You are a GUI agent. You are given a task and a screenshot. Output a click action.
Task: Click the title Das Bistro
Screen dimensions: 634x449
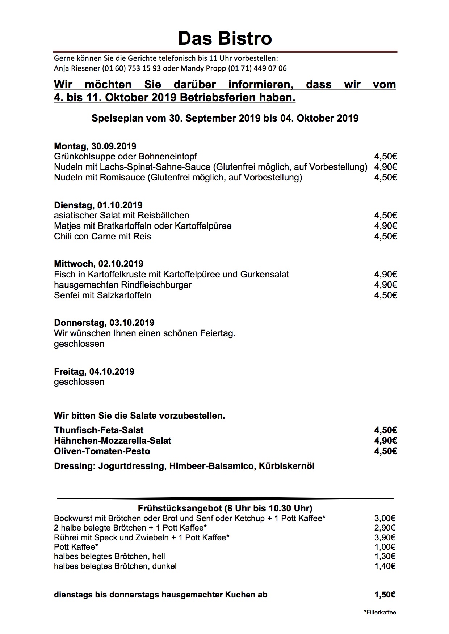224,38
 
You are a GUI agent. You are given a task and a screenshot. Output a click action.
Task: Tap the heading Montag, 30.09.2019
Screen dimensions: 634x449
95,146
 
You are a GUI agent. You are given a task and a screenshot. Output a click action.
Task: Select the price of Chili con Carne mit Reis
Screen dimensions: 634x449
386,236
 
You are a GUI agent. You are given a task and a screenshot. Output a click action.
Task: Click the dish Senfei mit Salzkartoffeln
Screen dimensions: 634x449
103,295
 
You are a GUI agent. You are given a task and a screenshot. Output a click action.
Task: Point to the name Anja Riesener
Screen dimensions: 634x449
77,68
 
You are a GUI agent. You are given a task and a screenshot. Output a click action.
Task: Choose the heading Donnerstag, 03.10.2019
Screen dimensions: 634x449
104,323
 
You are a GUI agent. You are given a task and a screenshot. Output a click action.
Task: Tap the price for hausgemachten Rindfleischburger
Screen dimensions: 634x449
386,285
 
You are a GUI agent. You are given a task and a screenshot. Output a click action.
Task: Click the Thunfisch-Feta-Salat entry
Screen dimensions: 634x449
99,430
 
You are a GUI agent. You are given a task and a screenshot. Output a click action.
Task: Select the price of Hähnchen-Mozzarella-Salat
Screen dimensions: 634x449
386,441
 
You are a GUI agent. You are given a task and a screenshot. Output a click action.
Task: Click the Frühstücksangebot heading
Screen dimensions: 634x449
225,509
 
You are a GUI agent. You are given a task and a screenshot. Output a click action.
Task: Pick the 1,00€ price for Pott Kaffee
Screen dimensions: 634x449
385,547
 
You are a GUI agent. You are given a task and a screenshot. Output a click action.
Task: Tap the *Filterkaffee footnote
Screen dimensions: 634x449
380,612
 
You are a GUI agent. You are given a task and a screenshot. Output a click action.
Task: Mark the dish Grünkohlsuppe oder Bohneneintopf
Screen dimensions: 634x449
126,156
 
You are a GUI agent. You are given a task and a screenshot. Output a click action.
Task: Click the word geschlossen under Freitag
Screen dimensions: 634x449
79,382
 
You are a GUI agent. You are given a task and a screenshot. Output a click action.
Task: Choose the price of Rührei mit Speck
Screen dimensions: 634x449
385,537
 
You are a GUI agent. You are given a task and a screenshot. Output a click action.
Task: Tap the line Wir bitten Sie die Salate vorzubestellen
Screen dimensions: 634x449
139,416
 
